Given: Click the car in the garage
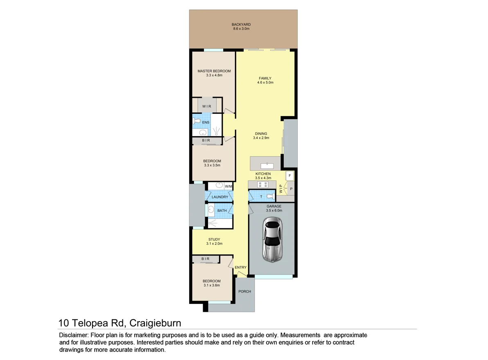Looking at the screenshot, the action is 273,239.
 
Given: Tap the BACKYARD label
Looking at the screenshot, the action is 241,25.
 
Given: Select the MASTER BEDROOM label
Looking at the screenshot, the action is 214,71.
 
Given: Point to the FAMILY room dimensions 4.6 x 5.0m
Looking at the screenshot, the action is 265,83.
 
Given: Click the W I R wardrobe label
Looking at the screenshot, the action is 207,106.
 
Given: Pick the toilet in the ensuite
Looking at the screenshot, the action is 197,121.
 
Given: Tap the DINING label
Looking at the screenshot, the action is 261,134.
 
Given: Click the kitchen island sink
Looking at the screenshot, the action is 267,166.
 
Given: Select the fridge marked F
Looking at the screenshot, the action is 290,176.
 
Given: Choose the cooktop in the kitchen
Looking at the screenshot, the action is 263,184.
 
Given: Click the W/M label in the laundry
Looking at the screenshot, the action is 228,187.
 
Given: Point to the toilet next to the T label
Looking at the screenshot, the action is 271,196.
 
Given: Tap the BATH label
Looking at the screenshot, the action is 222,211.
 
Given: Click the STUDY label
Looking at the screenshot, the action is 214,240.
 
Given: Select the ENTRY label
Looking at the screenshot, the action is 241,268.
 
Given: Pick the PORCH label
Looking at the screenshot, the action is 245,292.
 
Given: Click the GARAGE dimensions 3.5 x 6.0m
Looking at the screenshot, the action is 274,210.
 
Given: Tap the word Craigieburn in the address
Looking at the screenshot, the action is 155,323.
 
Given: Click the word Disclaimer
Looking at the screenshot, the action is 73,335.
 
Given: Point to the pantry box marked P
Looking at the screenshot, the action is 291,189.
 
